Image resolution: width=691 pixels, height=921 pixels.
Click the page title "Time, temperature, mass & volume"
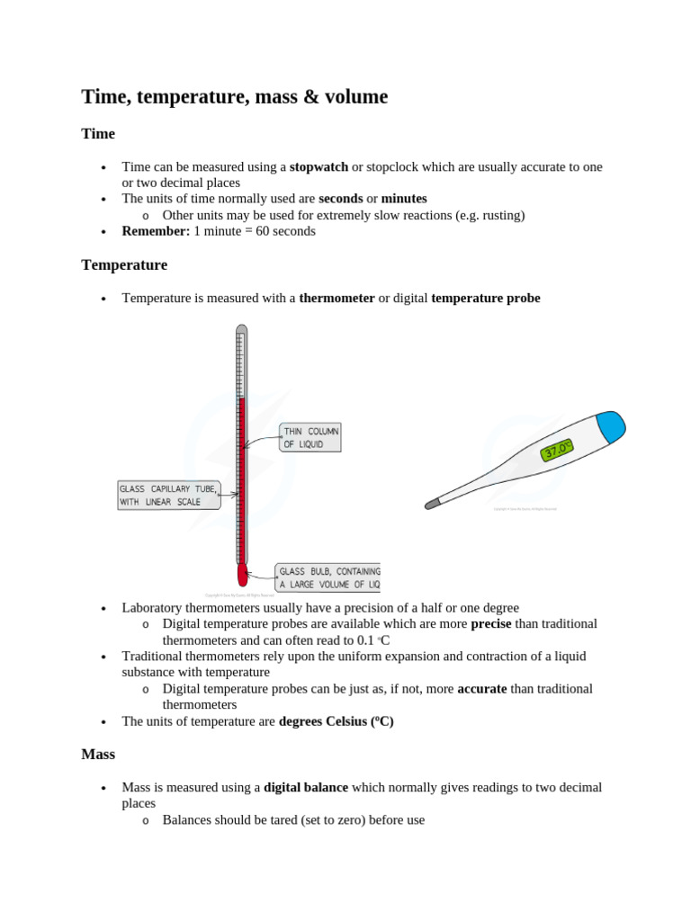235,97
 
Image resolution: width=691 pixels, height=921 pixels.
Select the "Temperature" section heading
124,265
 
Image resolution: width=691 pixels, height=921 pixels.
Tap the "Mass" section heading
98,755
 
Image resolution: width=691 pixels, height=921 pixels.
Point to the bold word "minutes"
404,198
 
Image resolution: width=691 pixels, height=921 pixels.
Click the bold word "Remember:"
156,231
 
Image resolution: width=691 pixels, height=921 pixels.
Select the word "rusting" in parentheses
498,215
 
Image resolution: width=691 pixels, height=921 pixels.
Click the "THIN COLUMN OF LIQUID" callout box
310,438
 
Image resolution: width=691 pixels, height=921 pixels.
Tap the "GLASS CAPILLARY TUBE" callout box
168,495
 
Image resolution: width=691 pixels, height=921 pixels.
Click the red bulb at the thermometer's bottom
242,575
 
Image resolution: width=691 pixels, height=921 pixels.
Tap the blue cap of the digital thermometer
612,425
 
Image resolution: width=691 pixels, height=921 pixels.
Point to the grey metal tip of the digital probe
432,505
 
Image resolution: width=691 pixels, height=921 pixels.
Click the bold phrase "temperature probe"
486,298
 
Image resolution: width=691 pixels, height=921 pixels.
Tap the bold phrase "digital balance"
306,787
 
